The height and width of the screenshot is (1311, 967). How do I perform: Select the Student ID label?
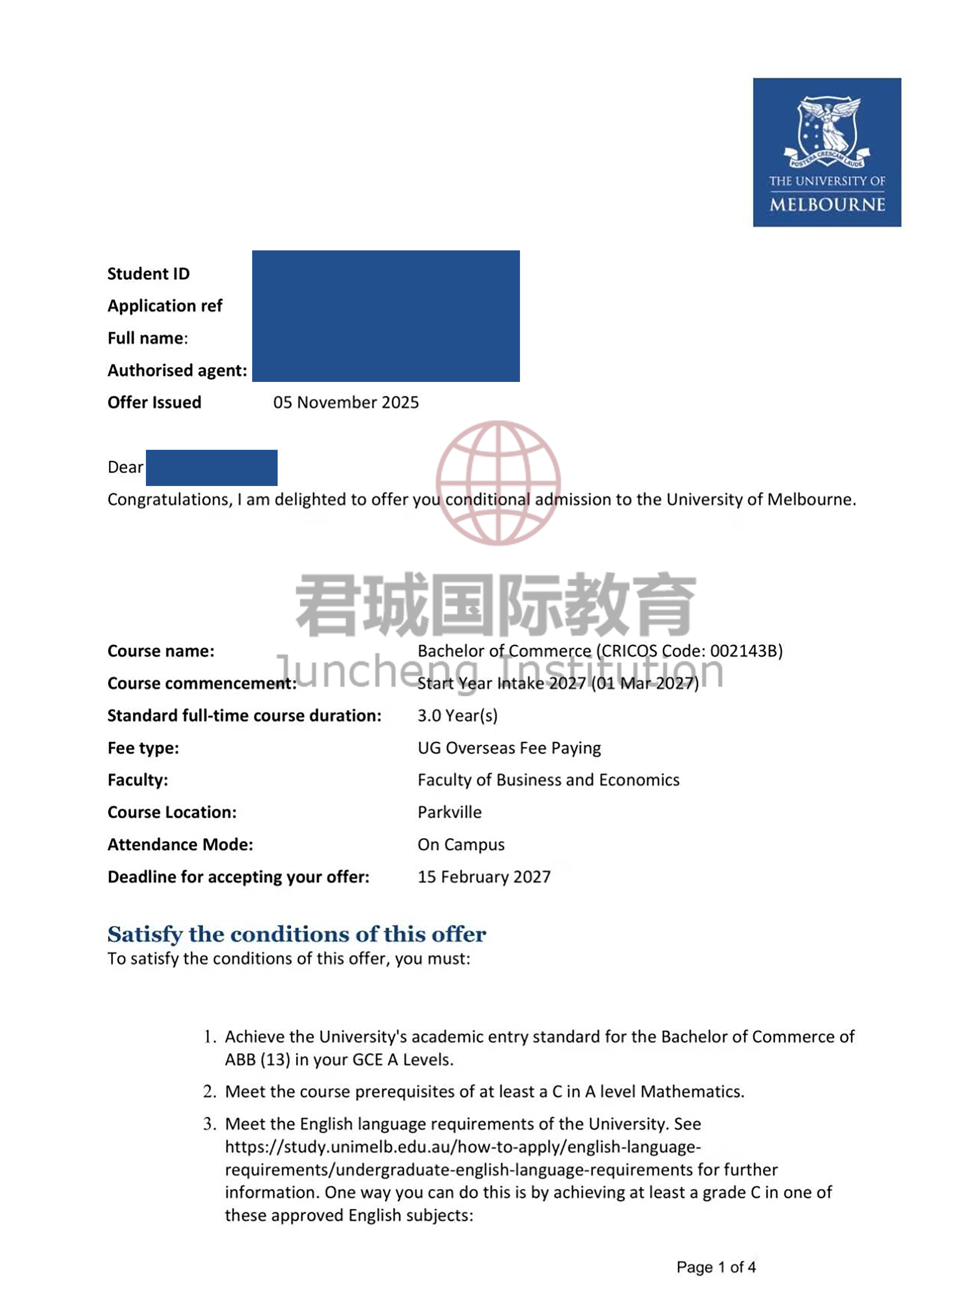pyautogui.click(x=149, y=274)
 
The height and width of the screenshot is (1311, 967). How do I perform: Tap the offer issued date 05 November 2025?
pyautogui.click(x=346, y=403)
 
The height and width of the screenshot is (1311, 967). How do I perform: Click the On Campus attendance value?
pyautogui.click(x=461, y=844)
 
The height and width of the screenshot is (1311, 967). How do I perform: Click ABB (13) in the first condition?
pyautogui.click(x=258, y=1060)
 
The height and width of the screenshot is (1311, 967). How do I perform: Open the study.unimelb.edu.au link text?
pyautogui.click(x=462, y=1147)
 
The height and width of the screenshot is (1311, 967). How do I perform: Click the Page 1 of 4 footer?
pyautogui.click(x=716, y=1268)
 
